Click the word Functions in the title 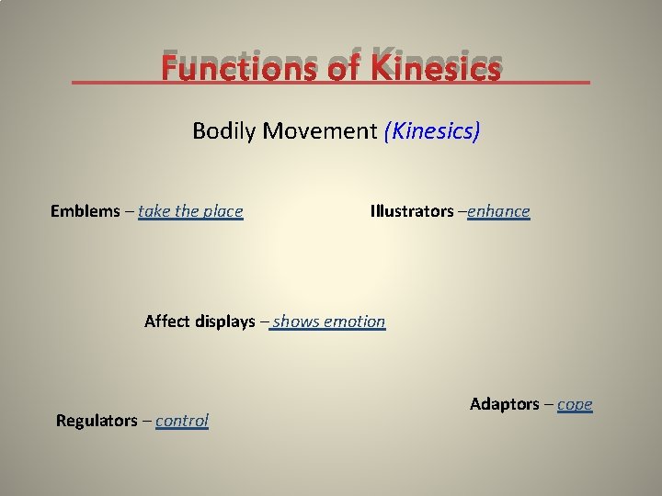pos(235,68)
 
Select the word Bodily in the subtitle pos(224,131)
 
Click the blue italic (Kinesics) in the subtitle pos(432,131)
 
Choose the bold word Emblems pos(85,211)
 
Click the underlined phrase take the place pos(190,211)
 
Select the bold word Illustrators pos(411,211)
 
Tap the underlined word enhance pos(498,211)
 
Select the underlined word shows pos(293,321)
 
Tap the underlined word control pos(182,421)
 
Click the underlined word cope pos(575,405)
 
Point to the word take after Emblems pos(154,211)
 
